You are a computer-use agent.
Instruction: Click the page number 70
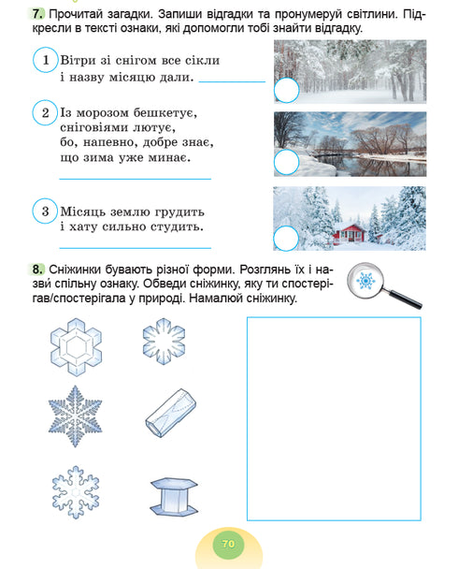click(227, 543)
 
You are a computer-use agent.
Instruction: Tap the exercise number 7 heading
click(36, 13)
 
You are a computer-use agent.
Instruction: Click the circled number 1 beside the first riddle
click(45, 61)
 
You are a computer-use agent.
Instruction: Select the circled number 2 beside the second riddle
click(45, 113)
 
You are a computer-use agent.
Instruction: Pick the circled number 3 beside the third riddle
click(45, 211)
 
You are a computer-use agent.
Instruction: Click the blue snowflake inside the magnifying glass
click(366, 281)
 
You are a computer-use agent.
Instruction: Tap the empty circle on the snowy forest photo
click(286, 91)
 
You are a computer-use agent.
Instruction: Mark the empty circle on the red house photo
click(286, 238)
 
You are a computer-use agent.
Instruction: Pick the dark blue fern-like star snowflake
click(74, 413)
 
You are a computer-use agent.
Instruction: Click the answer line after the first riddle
click(232, 82)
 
